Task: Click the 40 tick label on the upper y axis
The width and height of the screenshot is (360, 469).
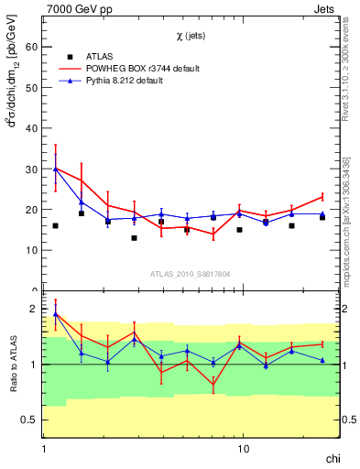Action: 33,128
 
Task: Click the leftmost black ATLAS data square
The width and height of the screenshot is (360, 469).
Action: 56,225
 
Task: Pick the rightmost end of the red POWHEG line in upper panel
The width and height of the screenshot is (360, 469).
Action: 322,196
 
